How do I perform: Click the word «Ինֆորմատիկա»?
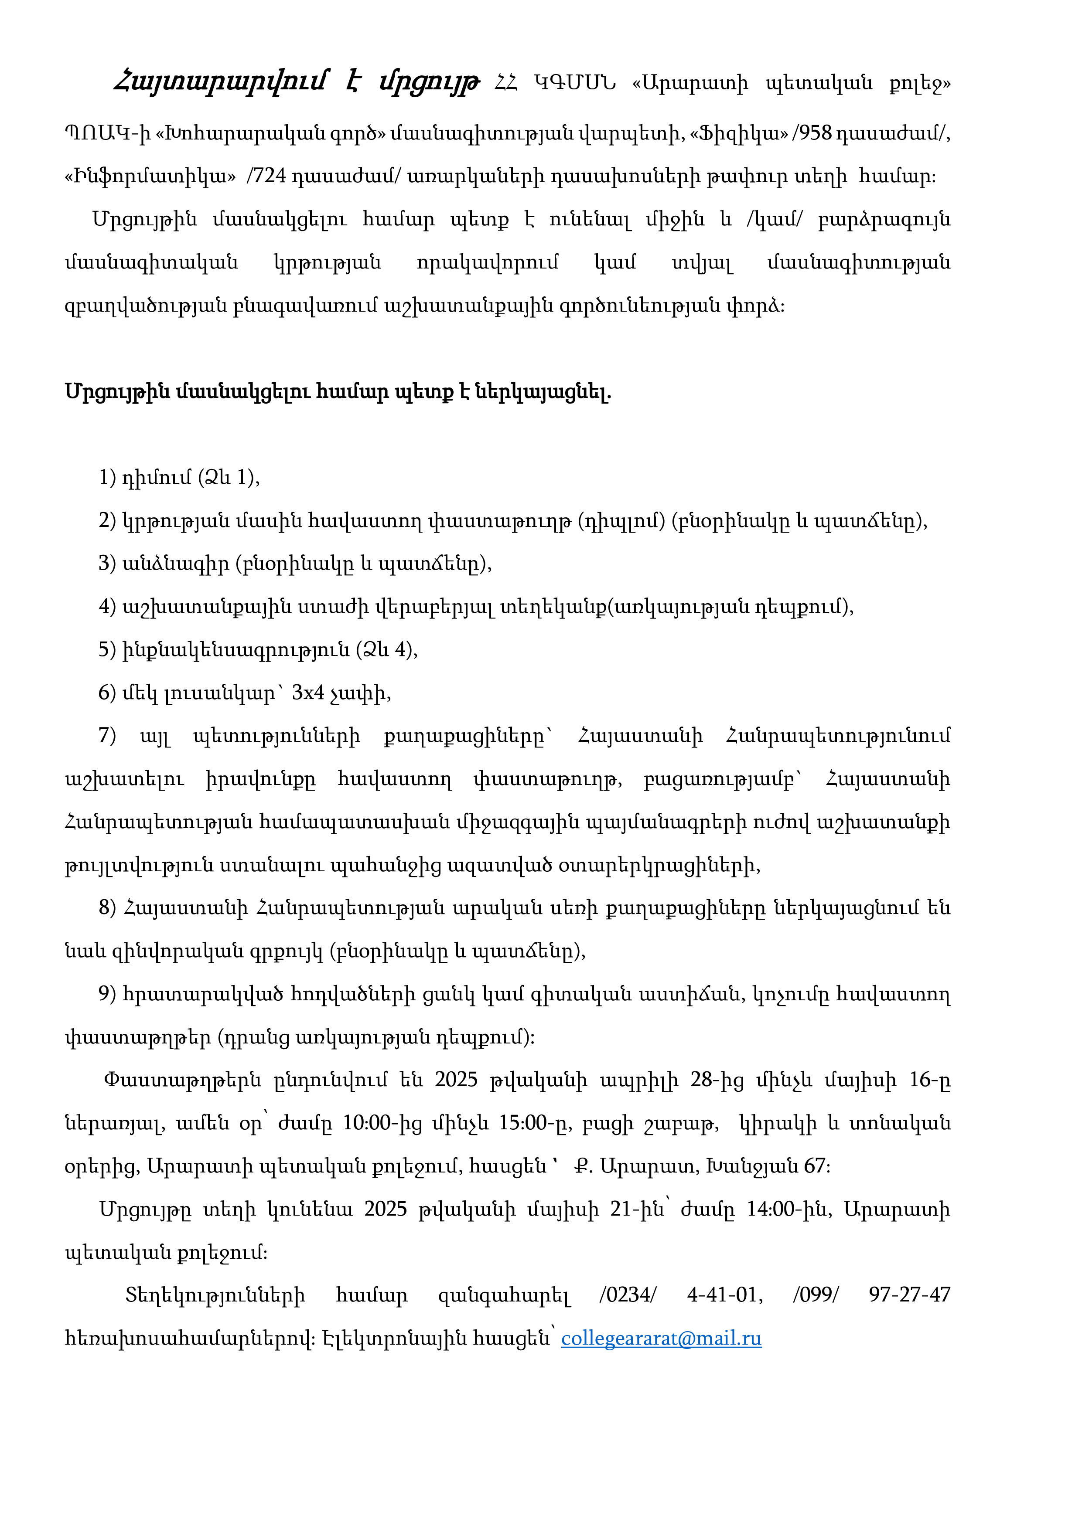tap(150, 177)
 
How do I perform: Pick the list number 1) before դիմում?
tap(107, 477)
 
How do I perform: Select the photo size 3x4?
tap(308, 693)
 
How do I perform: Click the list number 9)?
tap(107, 994)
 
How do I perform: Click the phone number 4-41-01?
tap(724, 1295)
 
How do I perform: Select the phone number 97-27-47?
tap(909, 1295)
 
